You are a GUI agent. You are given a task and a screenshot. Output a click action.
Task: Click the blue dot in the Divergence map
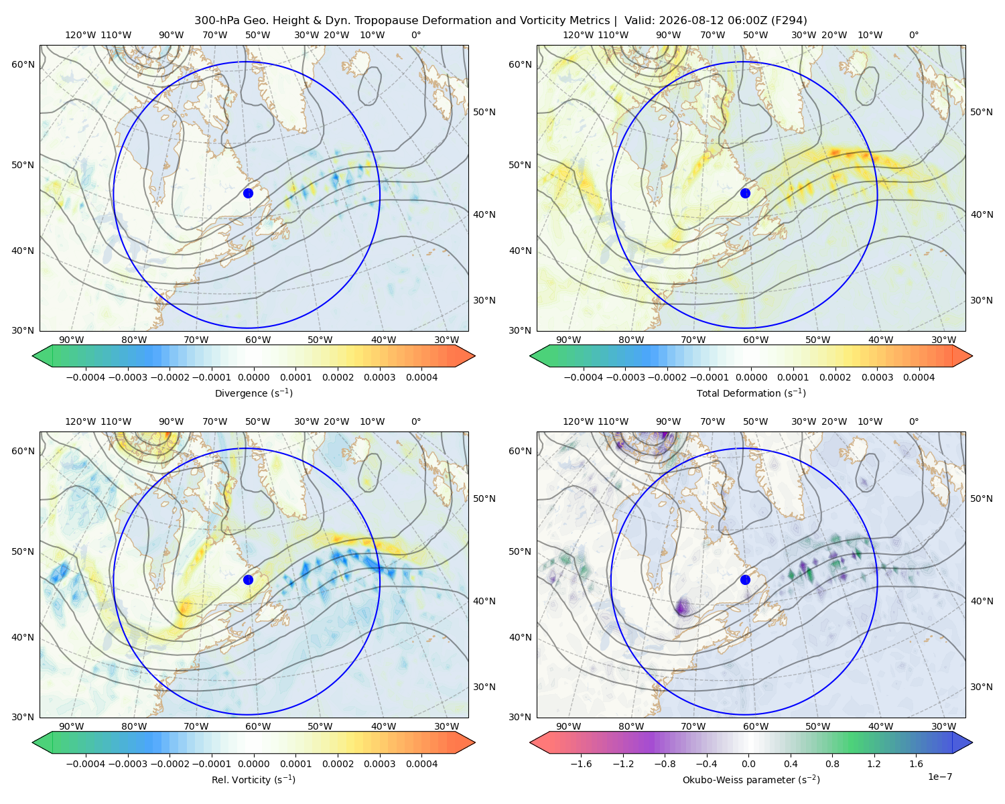(x=248, y=193)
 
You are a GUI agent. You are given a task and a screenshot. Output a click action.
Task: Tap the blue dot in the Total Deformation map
(x=745, y=193)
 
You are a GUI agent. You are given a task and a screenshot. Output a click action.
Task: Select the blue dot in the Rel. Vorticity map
(x=248, y=580)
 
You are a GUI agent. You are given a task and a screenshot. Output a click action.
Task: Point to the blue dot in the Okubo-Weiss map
(x=745, y=580)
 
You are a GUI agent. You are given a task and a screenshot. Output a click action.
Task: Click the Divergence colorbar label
(x=253, y=393)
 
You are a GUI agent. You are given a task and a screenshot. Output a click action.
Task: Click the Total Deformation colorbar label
(x=751, y=393)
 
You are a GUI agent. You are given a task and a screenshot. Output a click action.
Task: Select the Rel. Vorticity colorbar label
(x=253, y=779)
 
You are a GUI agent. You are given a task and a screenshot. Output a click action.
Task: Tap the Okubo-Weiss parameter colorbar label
(x=751, y=779)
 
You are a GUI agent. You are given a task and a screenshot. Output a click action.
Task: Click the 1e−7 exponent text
(x=939, y=777)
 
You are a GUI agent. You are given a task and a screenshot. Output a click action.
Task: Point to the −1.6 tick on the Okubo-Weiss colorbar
(x=581, y=764)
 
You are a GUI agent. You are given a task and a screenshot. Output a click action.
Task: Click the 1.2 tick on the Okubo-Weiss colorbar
(x=874, y=764)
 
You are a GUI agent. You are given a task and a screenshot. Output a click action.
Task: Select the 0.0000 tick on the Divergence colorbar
(x=253, y=377)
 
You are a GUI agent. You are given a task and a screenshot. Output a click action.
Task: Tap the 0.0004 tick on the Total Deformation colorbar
(x=919, y=377)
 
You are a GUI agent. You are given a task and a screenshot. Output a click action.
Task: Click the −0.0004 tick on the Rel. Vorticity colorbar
(x=86, y=764)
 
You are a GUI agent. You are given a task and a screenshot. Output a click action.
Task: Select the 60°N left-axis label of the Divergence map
(x=23, y=64)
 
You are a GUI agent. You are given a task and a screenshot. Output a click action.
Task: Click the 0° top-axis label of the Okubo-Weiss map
(x=913, y=421)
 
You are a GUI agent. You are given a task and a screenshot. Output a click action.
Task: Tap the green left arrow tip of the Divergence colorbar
(x=33, y=356)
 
